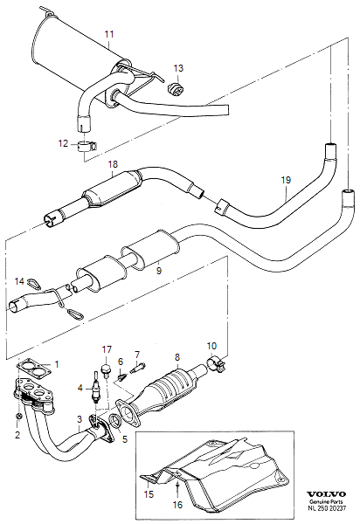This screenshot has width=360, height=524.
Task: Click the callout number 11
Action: click(x=108, y=35)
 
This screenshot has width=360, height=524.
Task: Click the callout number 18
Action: click(x=112, y=164)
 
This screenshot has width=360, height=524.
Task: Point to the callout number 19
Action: click(x=284, y=181)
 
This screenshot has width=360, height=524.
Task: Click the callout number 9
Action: click(x=158, y=272)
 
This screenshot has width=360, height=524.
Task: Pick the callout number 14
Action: click(x=19, y=280)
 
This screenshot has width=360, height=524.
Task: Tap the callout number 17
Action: click(x=107, y=349)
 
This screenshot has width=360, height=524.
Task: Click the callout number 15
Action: click(x=149, y=493)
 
